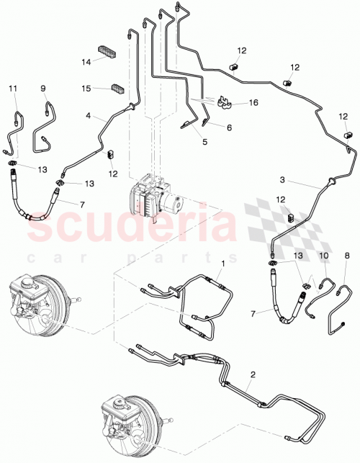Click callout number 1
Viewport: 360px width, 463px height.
click(x=223, y=264)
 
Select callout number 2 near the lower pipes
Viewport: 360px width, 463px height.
click(x=253, y=374)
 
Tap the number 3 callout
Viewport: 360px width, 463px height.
click(x=303, y=179)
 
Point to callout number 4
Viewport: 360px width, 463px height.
click(x=89, y=114)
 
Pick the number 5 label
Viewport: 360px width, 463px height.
click(x=204, y=143)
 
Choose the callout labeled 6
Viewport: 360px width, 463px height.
click(x=229, y=127)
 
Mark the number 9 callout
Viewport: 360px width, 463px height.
click(x=43, y=89)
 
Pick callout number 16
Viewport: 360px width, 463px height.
click(x=252, y=103)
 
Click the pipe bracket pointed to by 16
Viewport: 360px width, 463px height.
click(x=224, y=105)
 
